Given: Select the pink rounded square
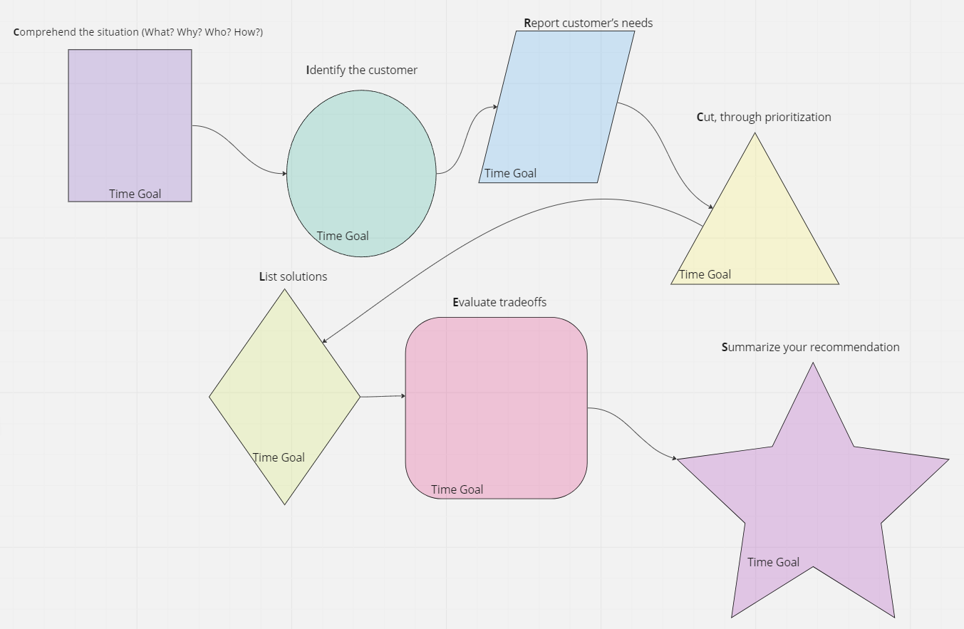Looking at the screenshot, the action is coord(496,406).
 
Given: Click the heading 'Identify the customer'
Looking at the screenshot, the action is coord(362,70).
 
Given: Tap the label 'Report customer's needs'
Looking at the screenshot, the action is coord(589,23).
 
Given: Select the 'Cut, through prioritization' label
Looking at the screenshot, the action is coord(764,117).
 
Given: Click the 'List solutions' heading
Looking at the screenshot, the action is coord(294,276).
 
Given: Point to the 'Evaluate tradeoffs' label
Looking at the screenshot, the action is coord(499,302).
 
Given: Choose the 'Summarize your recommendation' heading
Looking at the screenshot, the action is coord(811,347).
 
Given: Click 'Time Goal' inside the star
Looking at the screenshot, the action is coord(773,562).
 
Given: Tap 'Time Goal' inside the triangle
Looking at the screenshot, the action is coord(705,274).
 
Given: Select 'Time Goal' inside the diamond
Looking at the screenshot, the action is coord(279,457).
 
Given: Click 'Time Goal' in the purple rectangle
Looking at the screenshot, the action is coord(135,194).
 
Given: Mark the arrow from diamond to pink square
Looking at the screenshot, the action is coord(383,396).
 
